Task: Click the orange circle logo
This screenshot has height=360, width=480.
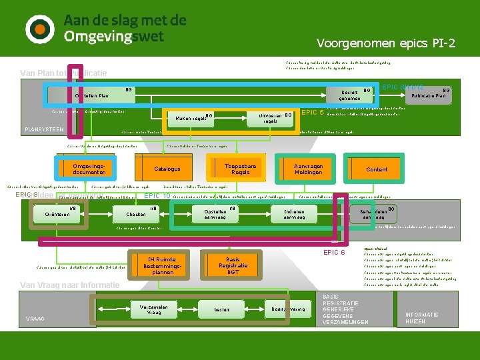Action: [x=40, y=28]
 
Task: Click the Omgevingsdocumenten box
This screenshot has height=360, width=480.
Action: [x=89, y=169]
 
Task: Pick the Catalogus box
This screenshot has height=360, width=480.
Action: [x=167, y=169]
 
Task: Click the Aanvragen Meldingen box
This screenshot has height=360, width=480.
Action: [x=308, y=169]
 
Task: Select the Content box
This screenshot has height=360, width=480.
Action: [x=377, y=169]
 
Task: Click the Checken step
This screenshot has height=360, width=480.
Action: [x=136, y=214]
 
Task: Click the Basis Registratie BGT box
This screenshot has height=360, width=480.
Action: [x=233, y=266]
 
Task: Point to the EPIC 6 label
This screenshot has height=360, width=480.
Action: [x=333, y=252]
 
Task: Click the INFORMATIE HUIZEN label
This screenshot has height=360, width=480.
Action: [x=422, y=318]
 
